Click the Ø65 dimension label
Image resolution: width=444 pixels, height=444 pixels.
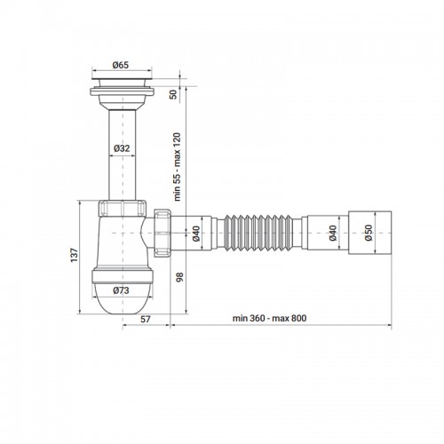121,65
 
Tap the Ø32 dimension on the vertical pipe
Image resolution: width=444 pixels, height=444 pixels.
122,148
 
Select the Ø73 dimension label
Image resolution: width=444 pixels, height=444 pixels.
121,290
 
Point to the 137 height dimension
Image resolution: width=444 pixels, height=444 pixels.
74,254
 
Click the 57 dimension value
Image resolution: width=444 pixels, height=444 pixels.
145,319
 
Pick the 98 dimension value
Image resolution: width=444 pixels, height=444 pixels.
179,277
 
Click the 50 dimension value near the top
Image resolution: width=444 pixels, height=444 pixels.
173,94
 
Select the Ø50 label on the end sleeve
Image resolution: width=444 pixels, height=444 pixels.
369,233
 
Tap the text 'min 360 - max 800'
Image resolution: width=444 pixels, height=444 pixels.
269,318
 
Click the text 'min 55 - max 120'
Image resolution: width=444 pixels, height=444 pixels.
177,167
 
